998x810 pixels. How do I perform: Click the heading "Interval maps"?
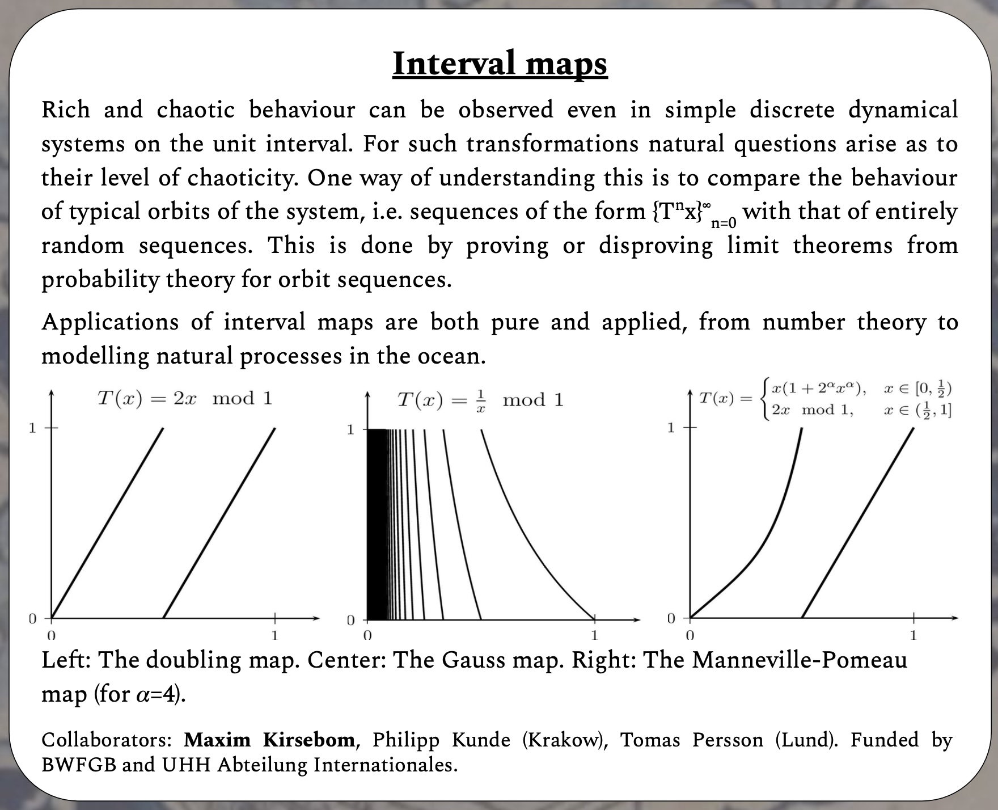point(500,64)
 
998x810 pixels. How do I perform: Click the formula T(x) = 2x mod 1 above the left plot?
point(185,398)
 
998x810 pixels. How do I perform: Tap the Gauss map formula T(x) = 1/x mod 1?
point(480,400)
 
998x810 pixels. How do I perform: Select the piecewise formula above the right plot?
point(825,399)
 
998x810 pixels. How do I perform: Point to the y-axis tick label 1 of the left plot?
point(32,428)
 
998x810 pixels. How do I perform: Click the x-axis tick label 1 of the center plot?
point(594,635)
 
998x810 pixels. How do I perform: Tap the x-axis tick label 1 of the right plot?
point(913,635)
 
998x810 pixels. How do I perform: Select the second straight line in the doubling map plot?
point(219,523)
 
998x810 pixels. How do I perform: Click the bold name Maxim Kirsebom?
point(269,740)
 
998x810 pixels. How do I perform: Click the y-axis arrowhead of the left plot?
point(52,393)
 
